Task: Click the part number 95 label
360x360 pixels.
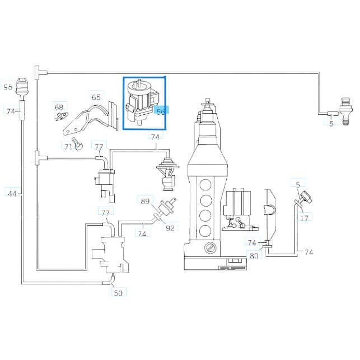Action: point(8,87)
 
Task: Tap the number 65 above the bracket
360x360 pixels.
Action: point(96,97)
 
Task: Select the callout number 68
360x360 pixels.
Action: point(59,107)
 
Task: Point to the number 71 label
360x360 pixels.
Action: point(68,147)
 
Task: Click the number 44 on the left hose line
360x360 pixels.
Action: point(12,194)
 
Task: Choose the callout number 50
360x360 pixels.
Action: point(118,293)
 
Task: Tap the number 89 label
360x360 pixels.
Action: point(145,201)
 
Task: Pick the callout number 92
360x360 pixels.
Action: point(170,228)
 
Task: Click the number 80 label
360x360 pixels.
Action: point(254,256)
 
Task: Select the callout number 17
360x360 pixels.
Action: point(305,218)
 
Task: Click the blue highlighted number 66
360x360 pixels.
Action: point(161,111)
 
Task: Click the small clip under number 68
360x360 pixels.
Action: point(61,116)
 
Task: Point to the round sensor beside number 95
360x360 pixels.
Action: point(22,87)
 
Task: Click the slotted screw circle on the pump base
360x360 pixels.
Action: point(210,248)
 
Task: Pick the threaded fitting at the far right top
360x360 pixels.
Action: point(346,111)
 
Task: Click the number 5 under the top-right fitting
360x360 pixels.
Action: point(331,124)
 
